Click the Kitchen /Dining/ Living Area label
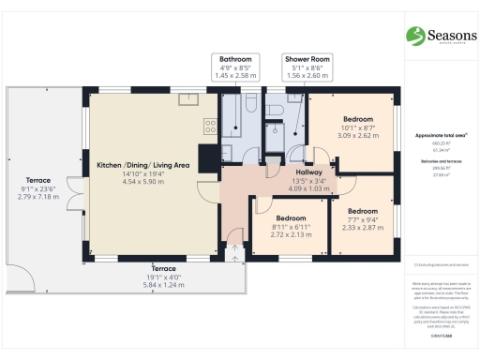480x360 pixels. coord(142,165)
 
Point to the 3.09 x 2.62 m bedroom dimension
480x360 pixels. coord(358,135)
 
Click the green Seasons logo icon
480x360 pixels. coord(416,36)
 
